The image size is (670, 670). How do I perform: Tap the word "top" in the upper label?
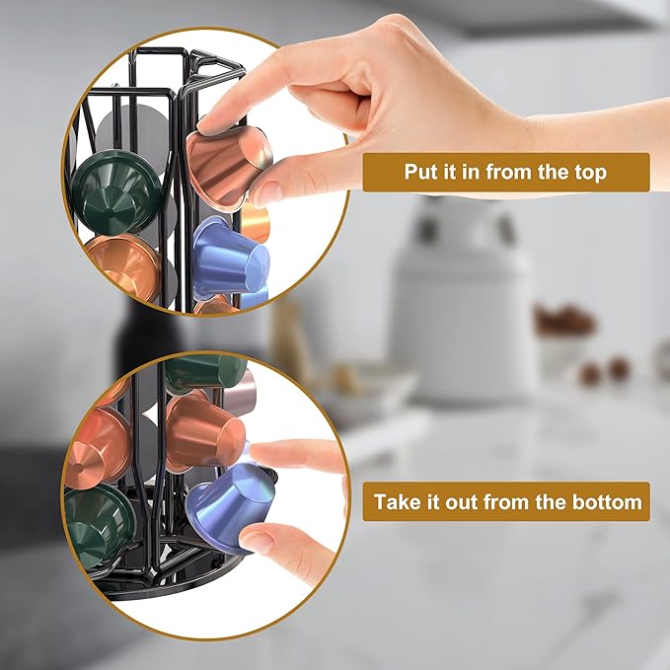tap(589, 173)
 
